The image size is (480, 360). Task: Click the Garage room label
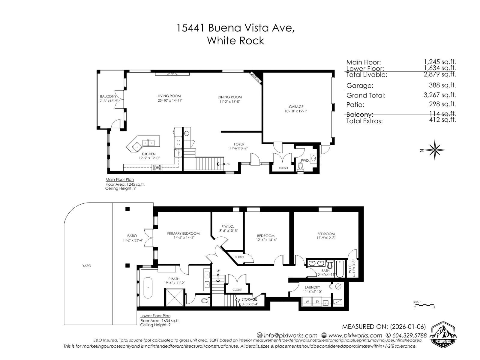tap(296, 106)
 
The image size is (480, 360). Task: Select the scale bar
tap(424, 305)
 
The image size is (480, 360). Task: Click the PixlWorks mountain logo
tap(443, 334)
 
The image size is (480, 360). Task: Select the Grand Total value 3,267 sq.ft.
tap(442, 95)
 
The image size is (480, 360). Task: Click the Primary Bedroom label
tap(183, 233)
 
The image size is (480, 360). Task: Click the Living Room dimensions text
tap(170, 100)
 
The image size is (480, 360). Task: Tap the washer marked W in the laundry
tap(307, 301)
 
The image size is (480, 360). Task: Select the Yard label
tap(87, 266)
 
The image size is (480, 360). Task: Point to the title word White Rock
tap(235, 40)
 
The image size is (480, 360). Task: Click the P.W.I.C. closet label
tap(227, 226)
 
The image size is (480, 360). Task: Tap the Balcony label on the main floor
tap(108, 97)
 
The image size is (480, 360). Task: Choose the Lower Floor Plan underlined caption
tap(155, 316)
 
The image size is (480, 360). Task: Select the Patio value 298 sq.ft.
tap(442, 104)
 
